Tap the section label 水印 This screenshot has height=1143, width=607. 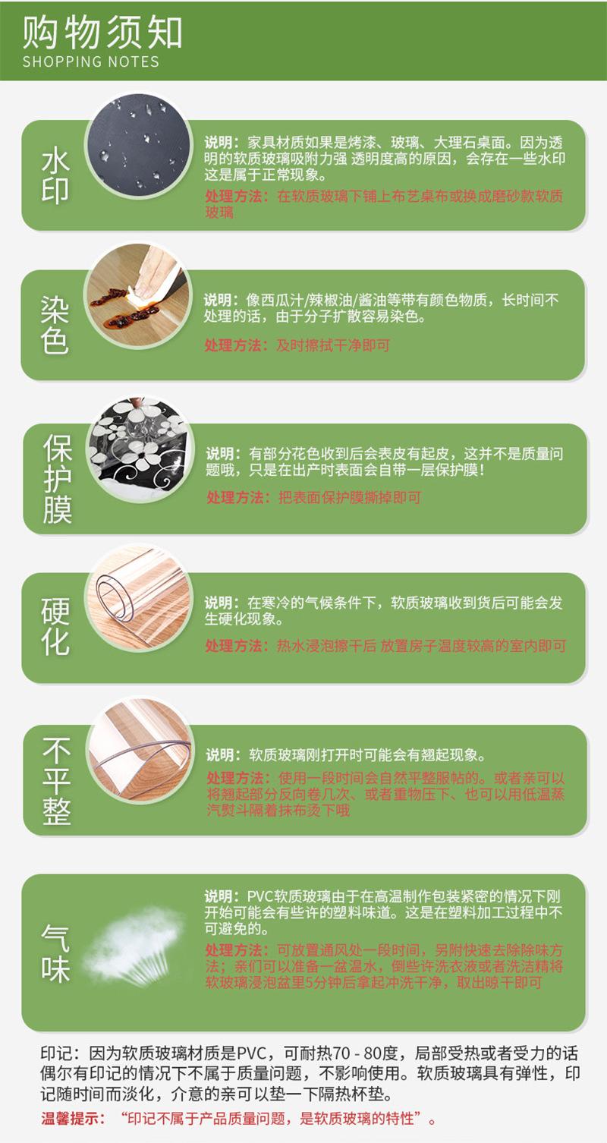(56, 176)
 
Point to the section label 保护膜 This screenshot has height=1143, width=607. (57, 480)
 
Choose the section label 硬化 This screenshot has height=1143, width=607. (55, 628)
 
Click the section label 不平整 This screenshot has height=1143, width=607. (57, 782)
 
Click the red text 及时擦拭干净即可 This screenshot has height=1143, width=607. (333, 345)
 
